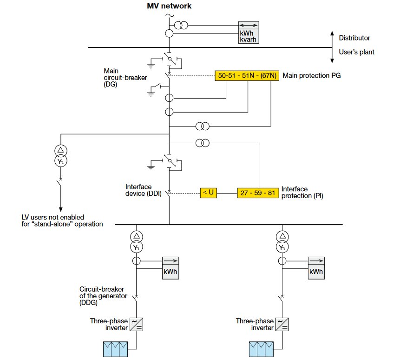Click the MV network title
coord(169,6)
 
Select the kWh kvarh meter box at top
coord(249,33)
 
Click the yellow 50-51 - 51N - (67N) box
coord(247,76)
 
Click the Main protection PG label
coord(312,75)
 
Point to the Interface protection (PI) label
coord(302,193)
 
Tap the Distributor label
coord(354,38)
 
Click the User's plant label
coord(356,52)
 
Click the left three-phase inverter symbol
coord(136,324)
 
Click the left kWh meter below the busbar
coord(170,268)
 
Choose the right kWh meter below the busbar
coord(316,268)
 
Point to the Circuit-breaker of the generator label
coord(102,296)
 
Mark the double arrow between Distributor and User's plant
coord(332,47)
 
